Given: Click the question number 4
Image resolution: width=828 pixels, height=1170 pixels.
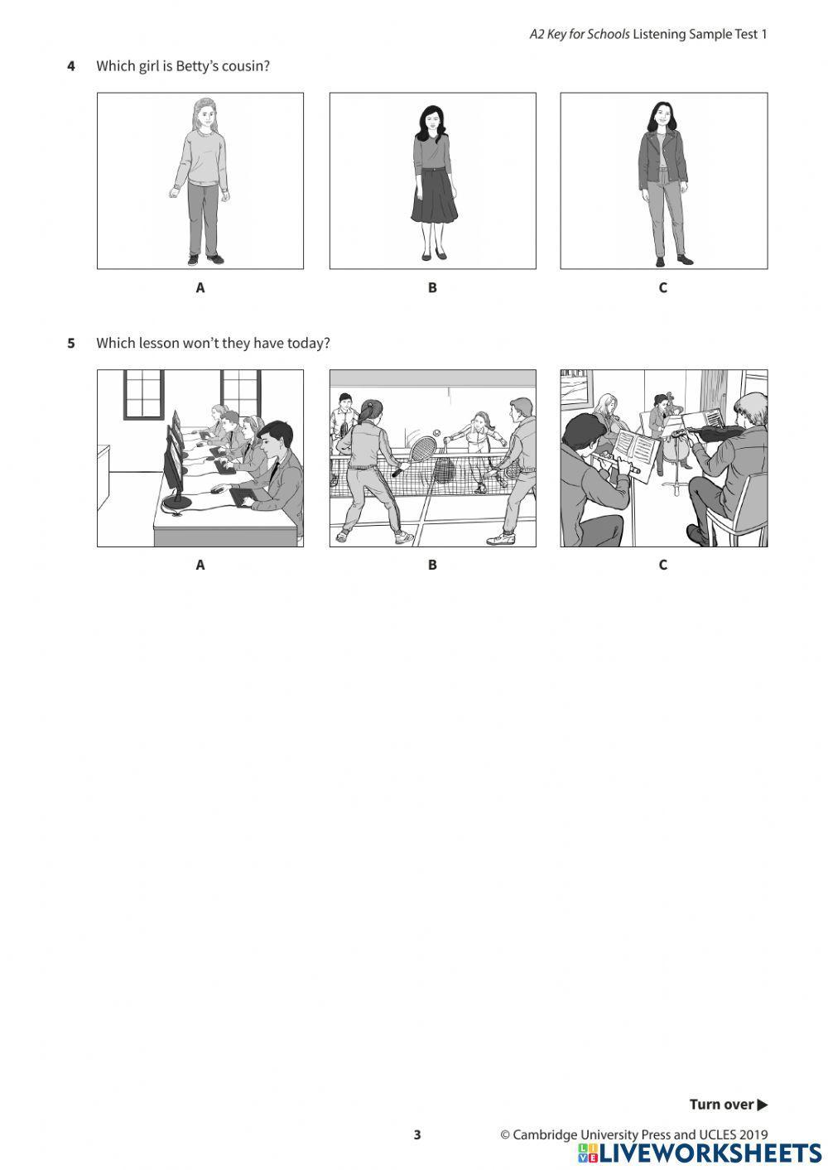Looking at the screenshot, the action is (71, 66).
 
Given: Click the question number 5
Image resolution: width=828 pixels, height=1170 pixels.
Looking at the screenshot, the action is (71, 343).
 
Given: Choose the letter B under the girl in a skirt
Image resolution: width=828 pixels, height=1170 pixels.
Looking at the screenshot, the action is (432, 288).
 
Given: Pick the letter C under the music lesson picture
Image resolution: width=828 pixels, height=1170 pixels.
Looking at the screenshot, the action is (663, 565).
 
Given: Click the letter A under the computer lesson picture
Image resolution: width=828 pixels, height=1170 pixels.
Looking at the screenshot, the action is (200, 565).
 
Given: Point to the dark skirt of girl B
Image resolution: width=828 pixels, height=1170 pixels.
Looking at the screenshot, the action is (434, 196).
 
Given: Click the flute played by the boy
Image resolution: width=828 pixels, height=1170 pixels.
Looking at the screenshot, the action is (615, 463).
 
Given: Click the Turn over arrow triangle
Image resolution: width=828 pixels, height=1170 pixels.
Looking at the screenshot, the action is (763, 1105).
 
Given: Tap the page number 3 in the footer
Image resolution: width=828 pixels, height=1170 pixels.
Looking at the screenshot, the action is (416, 1134).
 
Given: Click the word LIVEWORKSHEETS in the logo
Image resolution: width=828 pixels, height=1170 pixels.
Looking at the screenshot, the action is (711, 1153).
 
